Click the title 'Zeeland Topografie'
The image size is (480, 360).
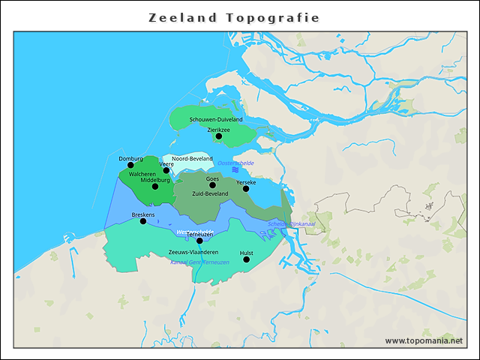[234, 17]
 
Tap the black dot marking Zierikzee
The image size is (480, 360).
[219, 136]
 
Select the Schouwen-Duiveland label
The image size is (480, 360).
[216, 119]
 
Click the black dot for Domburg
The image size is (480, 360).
[130, 166]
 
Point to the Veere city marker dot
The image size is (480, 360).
[166, 171]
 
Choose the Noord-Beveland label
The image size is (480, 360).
[192, 159]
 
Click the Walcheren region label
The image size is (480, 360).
[142, 174]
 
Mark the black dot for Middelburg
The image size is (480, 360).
[155, 187]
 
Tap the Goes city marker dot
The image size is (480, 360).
[212, 185]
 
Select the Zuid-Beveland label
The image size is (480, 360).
[210, 193]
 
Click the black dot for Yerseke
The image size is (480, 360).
[246, 189]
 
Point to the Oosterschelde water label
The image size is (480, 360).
[235, 163]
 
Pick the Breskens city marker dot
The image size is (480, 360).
[143, 221]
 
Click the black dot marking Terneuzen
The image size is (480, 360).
[199, 241]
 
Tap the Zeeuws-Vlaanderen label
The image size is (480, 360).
[193, 252]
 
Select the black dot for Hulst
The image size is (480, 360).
[247, 259]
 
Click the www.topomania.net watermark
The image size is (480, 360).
[424, 340]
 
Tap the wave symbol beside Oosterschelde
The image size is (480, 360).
[235, 171]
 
